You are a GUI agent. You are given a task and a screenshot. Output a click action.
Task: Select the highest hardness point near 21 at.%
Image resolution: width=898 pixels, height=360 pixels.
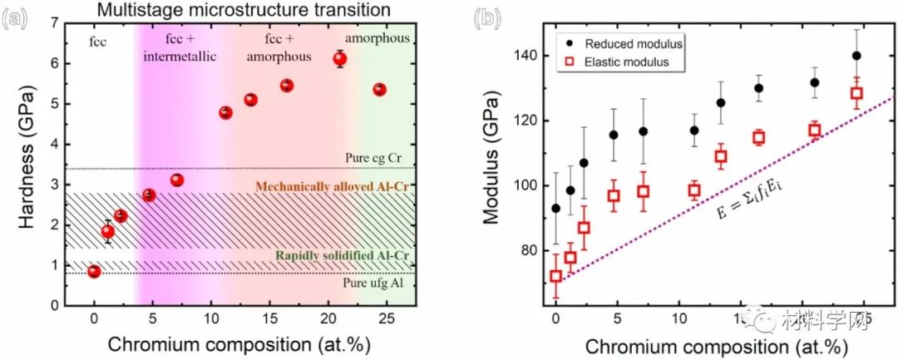point(339,58)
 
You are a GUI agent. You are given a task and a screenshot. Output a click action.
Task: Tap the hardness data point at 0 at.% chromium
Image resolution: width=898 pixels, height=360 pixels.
point(94,271)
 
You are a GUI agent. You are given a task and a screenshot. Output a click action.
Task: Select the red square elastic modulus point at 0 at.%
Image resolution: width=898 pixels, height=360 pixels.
point(555,276)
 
